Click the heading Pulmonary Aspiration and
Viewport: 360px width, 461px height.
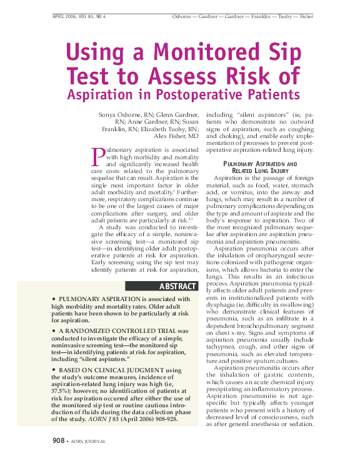click(x=261, y=164)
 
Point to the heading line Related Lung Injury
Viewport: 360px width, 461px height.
click(x=260, y=171)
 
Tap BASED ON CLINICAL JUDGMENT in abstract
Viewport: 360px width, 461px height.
click(x=113, y=370)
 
